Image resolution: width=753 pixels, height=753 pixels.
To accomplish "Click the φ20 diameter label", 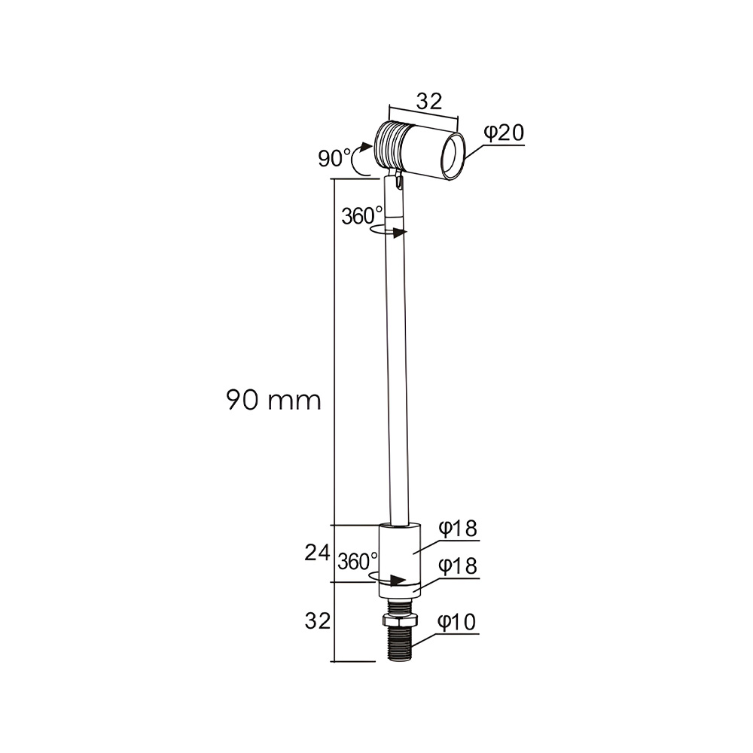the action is click(504, 133).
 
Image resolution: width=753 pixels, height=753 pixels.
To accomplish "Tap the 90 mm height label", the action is click(274, 400).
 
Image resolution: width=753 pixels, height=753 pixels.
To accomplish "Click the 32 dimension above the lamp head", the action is click(429, 102).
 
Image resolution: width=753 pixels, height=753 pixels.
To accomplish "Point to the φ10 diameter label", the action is click(457, 622).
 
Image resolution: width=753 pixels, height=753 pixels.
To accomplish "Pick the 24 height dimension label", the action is click(318, 553).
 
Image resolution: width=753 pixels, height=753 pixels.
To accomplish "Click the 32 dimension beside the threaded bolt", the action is click(318, 621).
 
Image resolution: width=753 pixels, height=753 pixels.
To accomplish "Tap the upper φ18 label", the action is click(458, 529).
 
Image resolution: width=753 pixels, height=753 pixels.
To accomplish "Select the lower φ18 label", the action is click(458, 566).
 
